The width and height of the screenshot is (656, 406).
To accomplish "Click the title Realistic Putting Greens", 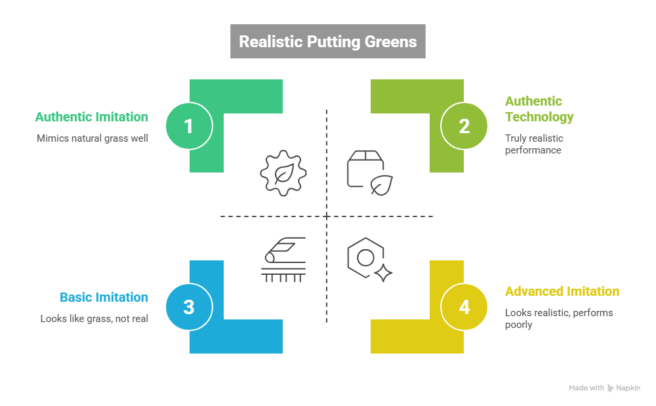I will click(x=327, y=42).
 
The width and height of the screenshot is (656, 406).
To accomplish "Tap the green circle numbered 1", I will click(x=188, y=125).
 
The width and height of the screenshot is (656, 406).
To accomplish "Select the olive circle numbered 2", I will click(x=464, y=125).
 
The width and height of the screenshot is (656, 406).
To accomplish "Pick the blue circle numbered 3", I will click(x=188, y=306).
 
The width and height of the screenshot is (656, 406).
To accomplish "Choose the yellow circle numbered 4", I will click(x=464, y=306).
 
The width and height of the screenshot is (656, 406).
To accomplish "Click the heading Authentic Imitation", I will click(x=92, y=117).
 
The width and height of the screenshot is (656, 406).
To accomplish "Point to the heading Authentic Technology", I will click(x=539, y=109).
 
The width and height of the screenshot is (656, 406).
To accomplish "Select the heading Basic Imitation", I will click(x=104, y=297).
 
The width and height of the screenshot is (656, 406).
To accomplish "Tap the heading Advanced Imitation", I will click(x=562, y=291).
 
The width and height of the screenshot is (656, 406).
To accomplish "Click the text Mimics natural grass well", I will click(x=92, y=138).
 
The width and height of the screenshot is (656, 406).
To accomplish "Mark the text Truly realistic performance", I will click(x=533, y=144).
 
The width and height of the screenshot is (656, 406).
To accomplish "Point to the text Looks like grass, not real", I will click(x=94, y=319).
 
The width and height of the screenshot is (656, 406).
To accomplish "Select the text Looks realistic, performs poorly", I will click(x=558, y=318).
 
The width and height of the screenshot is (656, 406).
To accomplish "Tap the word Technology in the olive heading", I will click(x=539, y=117).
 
